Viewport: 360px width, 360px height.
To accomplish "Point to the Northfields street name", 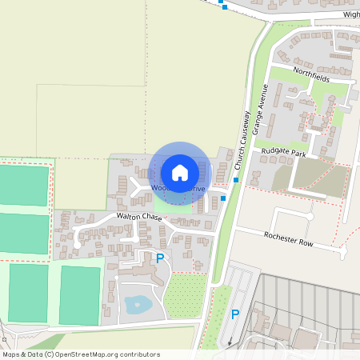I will pyautogui.click(x=310, y=72).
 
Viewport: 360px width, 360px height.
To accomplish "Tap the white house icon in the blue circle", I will pyautogui.click(x=180, y=172).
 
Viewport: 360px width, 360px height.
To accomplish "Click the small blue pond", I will pyautogui.click(x=137, y=304).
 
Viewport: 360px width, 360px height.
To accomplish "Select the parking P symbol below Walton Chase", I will pyautogui.click(x=160, y=258).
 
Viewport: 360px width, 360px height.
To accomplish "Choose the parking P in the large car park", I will pyautogui.click(x=235, y=314).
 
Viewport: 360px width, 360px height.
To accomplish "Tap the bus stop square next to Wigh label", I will pyautogui.click(x=225, y=7).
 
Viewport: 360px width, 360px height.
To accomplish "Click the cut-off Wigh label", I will pyautogui.click(x=351, y=14).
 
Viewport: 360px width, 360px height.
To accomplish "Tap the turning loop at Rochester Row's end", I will pyautogui.click(x=343, y=251).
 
